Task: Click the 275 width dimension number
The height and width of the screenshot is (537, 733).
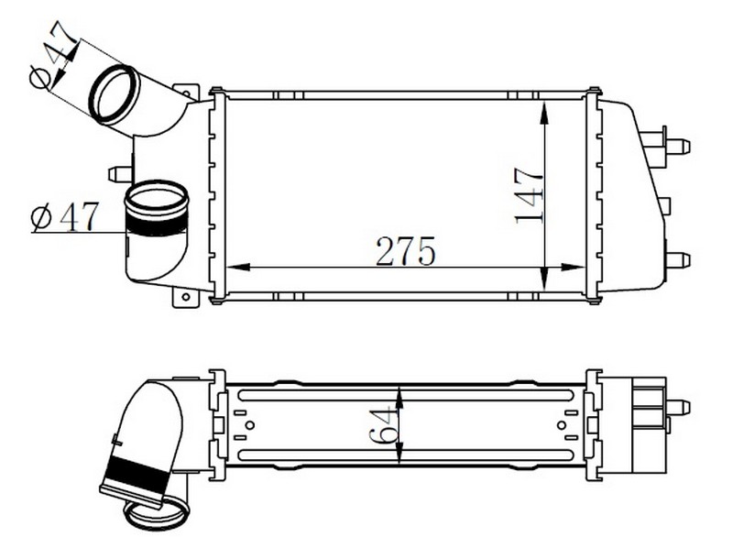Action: coord(405,251)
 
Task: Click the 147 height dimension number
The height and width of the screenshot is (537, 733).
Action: coord(529,195)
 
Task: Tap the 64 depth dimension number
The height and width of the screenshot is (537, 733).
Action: coord(383,425)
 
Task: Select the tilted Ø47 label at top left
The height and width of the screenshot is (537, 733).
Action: coord(52,55)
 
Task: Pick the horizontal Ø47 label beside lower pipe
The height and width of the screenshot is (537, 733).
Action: coord(64,217)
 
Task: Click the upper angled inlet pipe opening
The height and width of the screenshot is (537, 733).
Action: coord(114,94)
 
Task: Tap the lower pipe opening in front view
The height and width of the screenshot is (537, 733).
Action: coord(156,198)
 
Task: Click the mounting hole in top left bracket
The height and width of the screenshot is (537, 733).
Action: coord(187,93)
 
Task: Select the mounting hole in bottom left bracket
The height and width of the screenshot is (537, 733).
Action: coord(186,296)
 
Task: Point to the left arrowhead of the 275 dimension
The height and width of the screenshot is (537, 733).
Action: coord(237,267)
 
